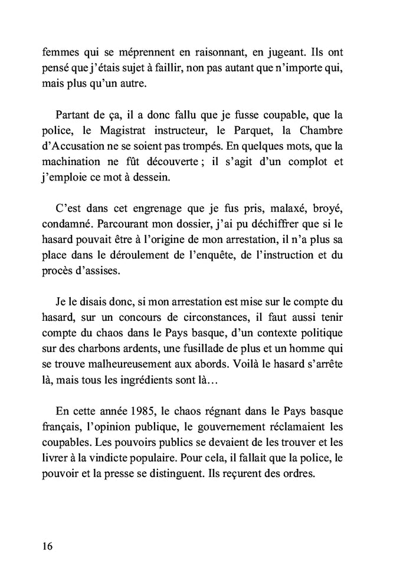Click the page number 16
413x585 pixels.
48,546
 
